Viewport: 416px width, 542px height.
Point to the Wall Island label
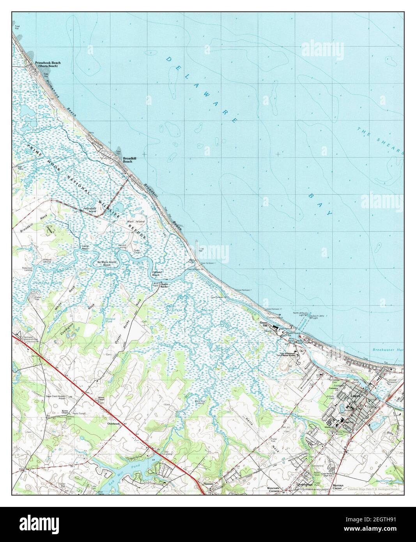135,221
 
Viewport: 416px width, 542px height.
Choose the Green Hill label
266,324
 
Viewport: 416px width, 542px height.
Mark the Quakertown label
305,484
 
